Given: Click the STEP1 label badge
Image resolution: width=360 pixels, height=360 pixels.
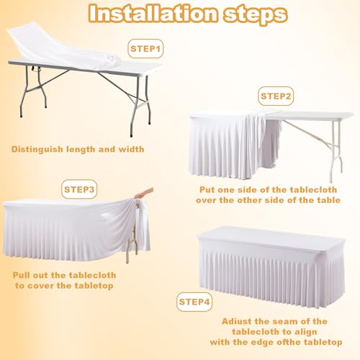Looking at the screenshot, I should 146,49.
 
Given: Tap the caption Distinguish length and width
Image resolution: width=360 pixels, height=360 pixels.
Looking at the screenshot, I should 77,149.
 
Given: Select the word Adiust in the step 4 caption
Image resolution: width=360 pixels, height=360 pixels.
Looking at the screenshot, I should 237,320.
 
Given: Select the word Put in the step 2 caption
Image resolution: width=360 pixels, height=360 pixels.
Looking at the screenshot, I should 210,189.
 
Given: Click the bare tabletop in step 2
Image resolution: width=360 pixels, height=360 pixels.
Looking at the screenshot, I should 317,116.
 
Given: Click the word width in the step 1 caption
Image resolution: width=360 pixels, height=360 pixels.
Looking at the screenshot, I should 129,149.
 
